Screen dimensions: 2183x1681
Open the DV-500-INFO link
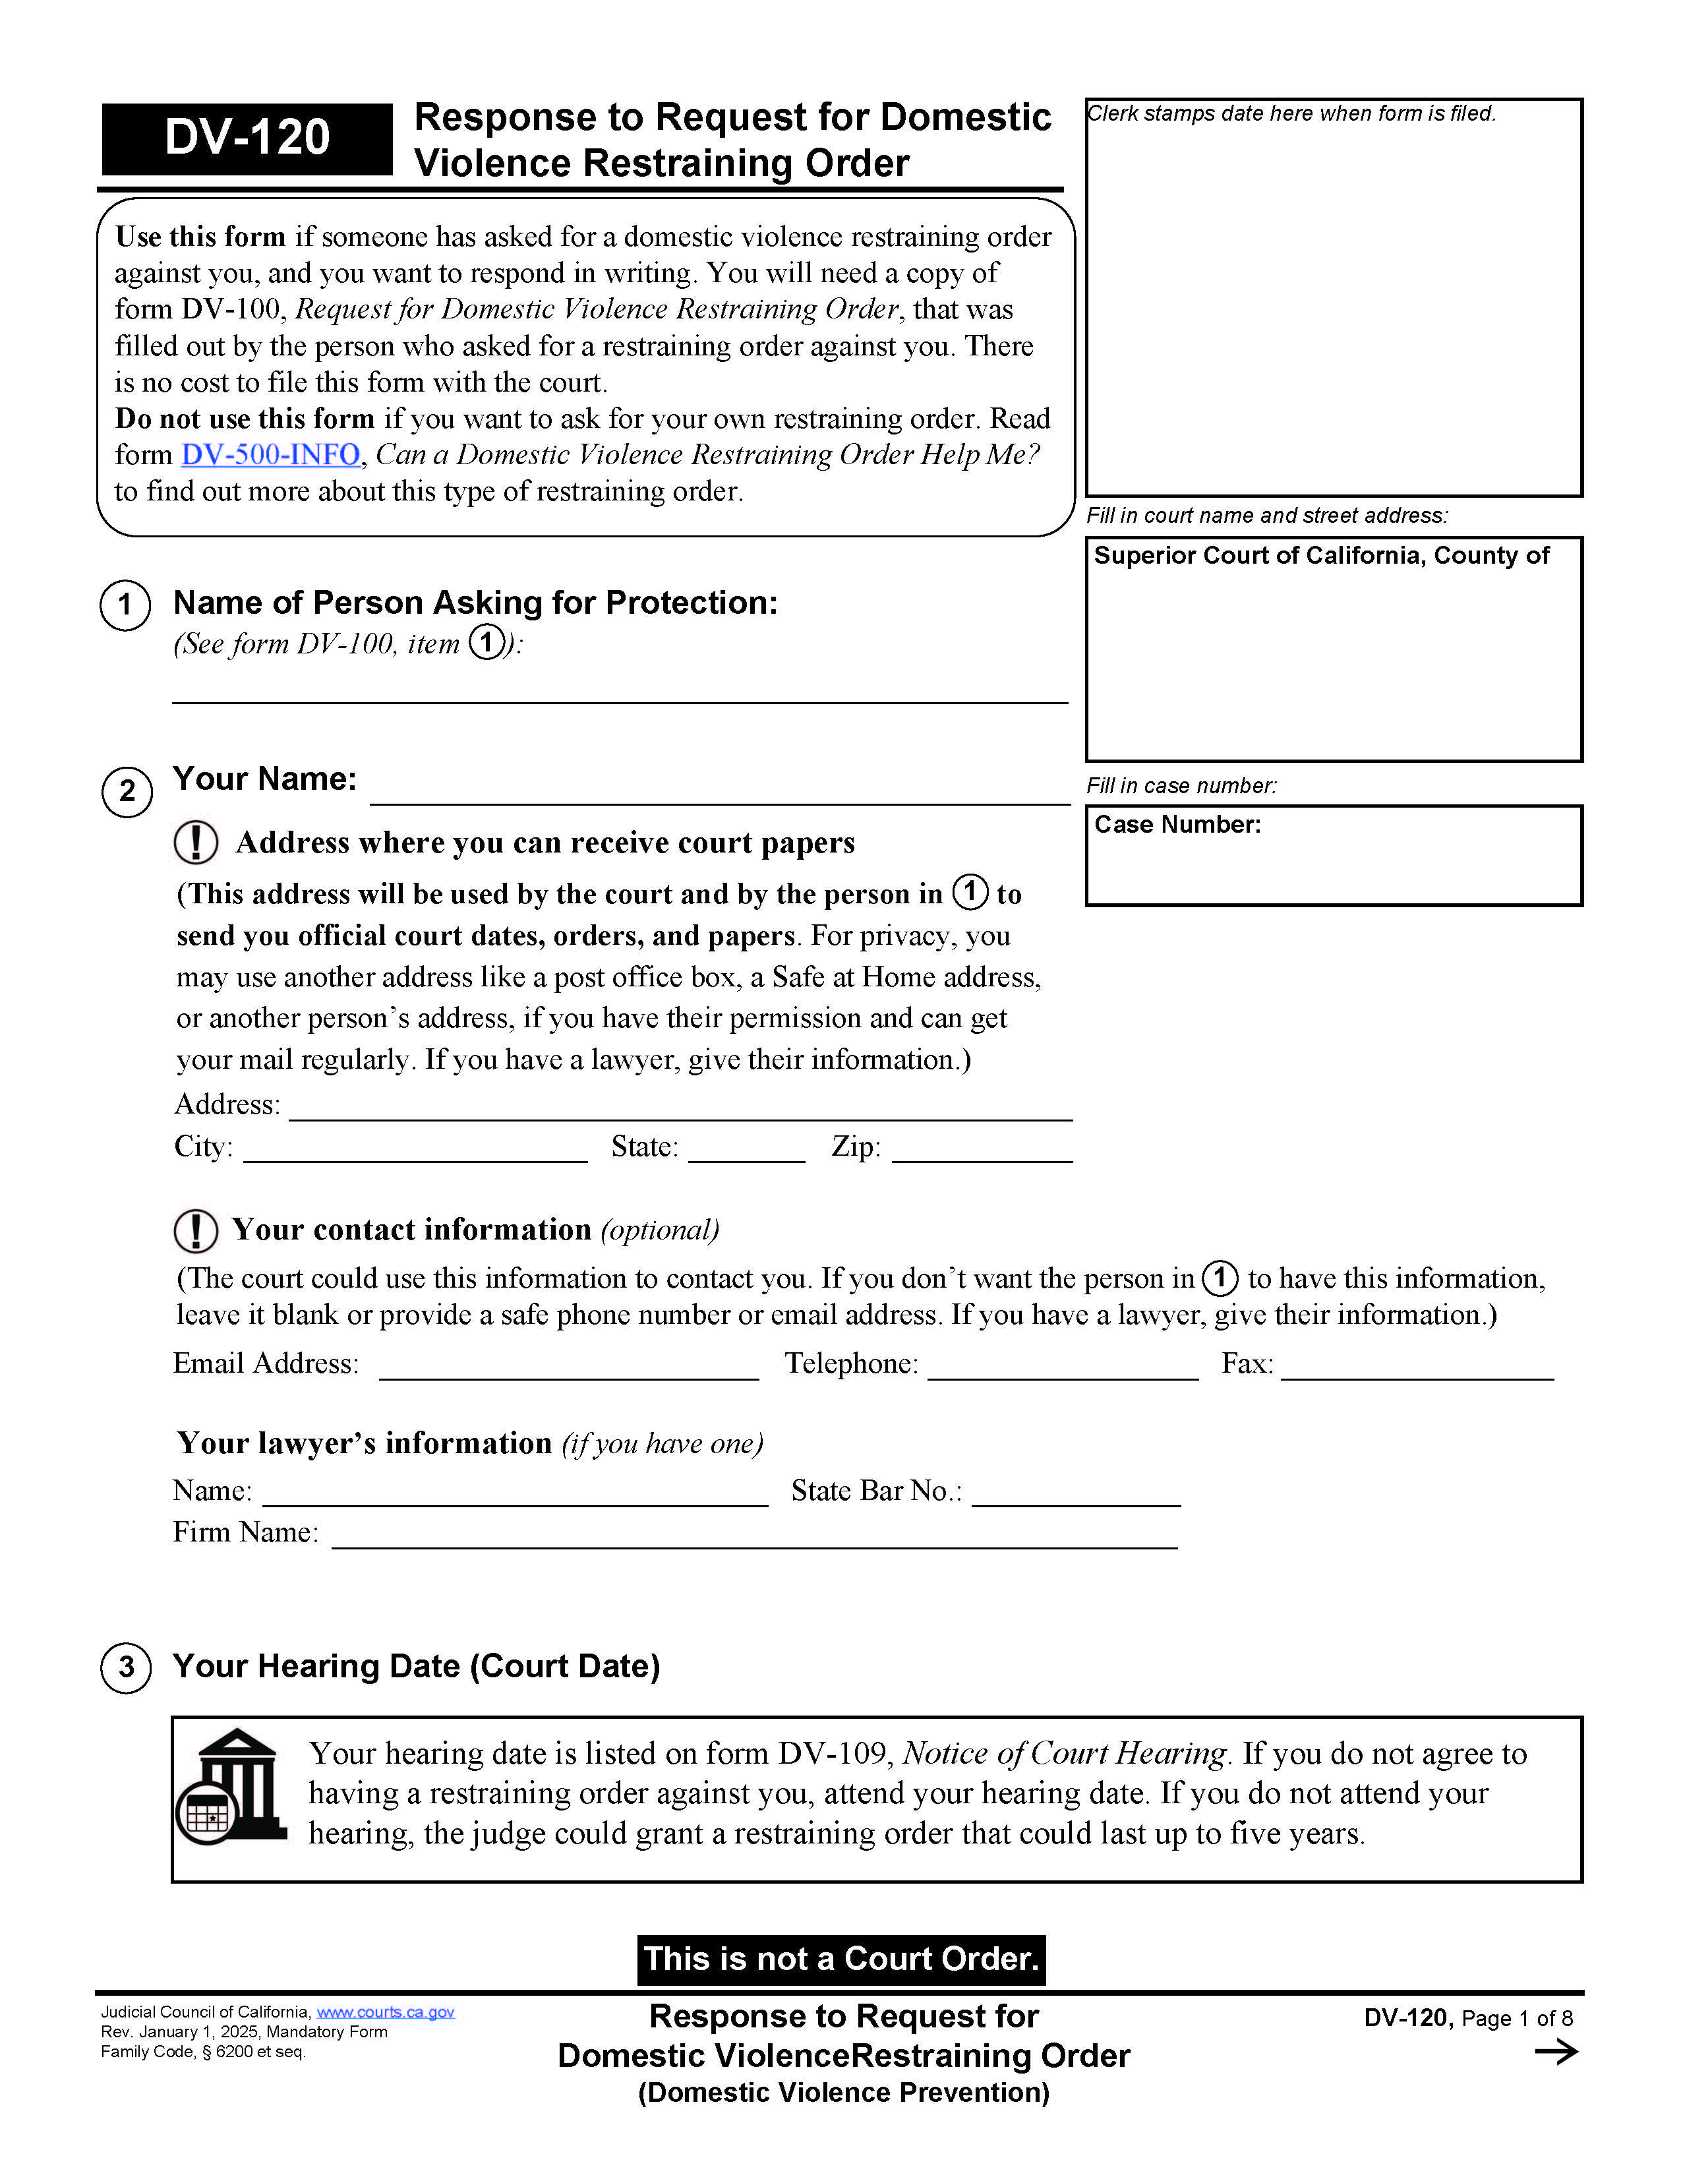click(x=270, y=455)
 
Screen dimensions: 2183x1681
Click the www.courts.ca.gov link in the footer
click(x=385, y=2012)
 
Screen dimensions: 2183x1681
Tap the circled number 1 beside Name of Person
click(x=125, y=605)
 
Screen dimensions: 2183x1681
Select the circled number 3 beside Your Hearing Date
click(x=126, y=1667)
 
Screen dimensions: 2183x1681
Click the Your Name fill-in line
click(x=720, y=790)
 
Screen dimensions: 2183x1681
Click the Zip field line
click(x=982, y=1149)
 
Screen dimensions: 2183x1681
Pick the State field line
click(x=746, y=1149)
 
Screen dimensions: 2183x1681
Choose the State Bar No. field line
click(x=1075, y=1493)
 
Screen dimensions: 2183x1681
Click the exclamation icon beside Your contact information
click(x=195, y=1230)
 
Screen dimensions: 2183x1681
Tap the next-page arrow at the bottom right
click(x=1555, y=2052)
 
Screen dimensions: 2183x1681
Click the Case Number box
click(x=1333, y=856)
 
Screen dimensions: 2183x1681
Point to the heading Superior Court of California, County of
click(x=1320, y=556)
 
